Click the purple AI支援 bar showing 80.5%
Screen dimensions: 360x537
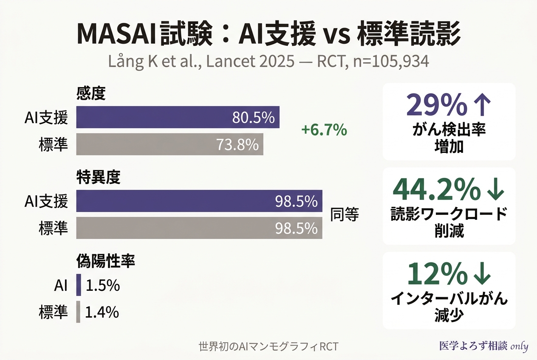pos(178,117)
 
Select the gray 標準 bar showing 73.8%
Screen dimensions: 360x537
pos(170,144)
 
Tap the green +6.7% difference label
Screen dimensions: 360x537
pos(324,130)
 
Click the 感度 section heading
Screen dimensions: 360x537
pos(90,94)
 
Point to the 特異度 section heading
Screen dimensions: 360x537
pos(98,177)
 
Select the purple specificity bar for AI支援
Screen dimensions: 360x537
pos(199,201)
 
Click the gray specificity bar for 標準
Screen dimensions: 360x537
pos(199,228)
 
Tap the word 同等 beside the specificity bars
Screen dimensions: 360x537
pos(345,215)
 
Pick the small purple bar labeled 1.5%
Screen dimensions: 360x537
pos(79,285)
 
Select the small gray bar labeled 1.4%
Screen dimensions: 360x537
pos(79,312)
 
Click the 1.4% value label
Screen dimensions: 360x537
pos(102,312)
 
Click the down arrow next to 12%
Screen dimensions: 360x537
pos(482,275)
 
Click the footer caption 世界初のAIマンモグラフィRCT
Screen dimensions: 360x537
pos(268,346)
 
